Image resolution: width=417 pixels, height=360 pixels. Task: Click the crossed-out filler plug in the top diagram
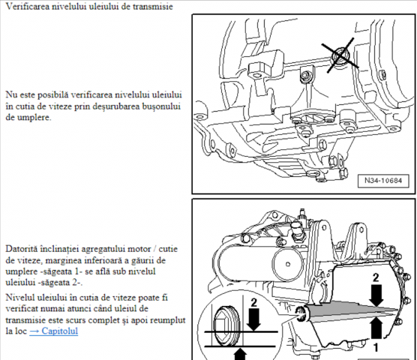coord(342,55)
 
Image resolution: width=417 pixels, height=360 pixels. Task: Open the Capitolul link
coord(53,331)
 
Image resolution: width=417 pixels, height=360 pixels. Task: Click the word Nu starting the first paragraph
coord(11,96)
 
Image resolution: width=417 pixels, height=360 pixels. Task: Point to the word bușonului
coord(166,107)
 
